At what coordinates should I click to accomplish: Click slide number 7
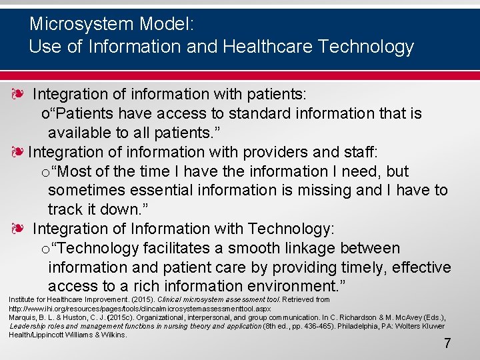click(x=447, y=344)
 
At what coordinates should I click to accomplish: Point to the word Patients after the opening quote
click(x=80, y=113)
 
